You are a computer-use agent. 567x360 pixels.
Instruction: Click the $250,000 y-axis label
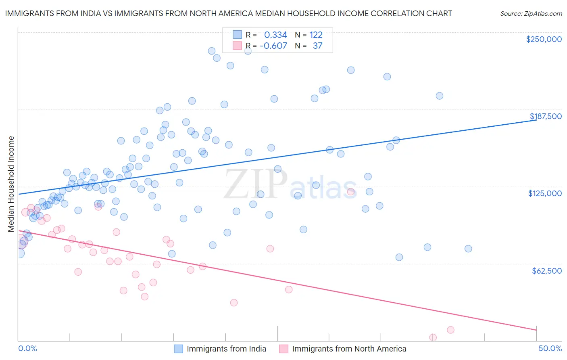coord(544,39)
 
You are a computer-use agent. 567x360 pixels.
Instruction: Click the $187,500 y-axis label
coord(545,116)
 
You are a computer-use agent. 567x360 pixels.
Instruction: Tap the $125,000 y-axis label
coord(544,193)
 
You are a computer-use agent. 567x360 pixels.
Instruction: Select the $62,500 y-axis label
coord(546,271)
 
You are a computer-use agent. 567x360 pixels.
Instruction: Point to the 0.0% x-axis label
coord(27,348)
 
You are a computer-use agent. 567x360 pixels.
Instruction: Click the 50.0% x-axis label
coord(550,348)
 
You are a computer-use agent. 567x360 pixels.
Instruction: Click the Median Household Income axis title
coord(11,184)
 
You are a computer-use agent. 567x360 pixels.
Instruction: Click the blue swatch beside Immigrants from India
coord(179,349)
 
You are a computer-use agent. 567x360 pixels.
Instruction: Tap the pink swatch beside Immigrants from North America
coord(284,349)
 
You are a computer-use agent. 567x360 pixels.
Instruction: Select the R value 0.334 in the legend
coord(275,35)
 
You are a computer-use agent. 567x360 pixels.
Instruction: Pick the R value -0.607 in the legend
coord(273,46)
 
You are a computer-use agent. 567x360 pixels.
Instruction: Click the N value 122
coord(316,35)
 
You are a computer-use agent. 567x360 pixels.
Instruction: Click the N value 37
coord(317,46)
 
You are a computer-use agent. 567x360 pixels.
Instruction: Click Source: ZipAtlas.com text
coord(531,13)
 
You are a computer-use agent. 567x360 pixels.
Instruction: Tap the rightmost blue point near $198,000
coord(439,96)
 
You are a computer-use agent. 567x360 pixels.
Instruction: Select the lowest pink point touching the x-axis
coord(433,337)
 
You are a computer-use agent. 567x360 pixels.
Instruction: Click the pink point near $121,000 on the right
coord(351,192)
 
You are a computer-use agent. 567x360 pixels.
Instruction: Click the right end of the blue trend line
coord(536,120)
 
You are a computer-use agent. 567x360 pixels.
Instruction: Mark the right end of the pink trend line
coord(536,330)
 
